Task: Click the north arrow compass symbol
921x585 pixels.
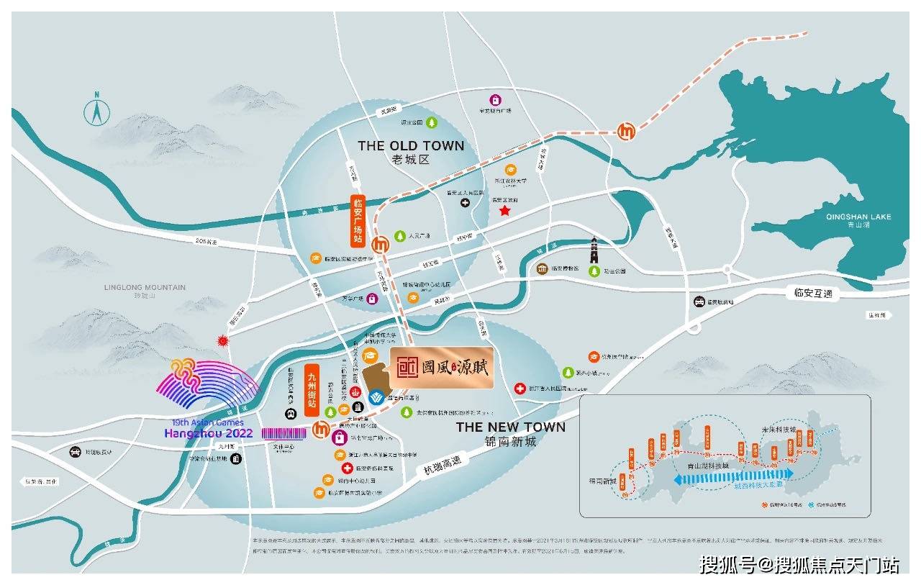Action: coord(96,111)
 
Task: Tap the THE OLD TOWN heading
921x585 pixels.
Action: coord(411,146)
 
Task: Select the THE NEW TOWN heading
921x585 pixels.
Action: coord(510,427)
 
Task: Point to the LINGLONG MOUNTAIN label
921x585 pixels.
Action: coord(145,287)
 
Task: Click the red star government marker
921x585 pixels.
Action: coord(505,211)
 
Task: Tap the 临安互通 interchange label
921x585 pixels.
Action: coord(809,293)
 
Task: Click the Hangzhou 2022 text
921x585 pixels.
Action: coord(209,433)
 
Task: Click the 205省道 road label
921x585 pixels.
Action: coord(206,242)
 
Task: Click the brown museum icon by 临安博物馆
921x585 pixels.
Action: coord(542,270)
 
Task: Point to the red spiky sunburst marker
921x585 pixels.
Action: coord(223,341)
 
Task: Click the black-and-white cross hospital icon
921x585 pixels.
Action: coord(466,204)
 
